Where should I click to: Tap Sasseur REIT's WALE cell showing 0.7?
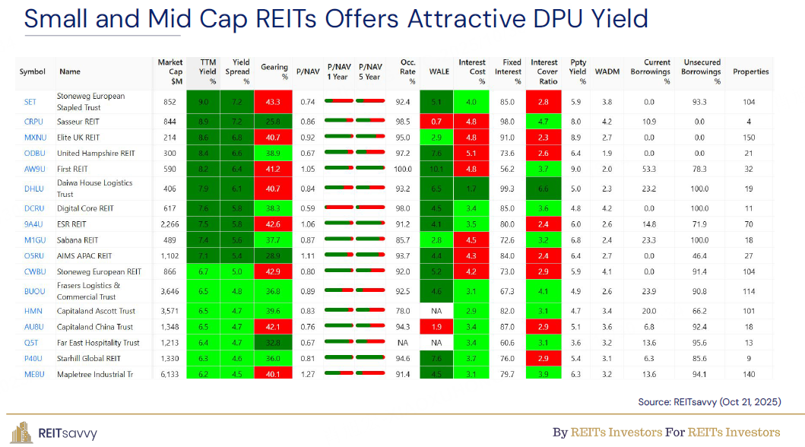[436, 122]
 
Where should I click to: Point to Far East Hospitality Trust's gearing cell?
[274, 343]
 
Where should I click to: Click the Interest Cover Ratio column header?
[544, 71]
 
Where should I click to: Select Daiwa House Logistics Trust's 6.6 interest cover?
[544, 188]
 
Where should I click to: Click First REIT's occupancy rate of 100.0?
[403, 168]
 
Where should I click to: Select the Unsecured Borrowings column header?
[701, 71]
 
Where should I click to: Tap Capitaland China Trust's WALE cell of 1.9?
[436, 327]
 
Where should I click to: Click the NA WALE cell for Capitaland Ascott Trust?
[436, 311]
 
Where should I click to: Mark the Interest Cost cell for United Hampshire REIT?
[471, 154]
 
